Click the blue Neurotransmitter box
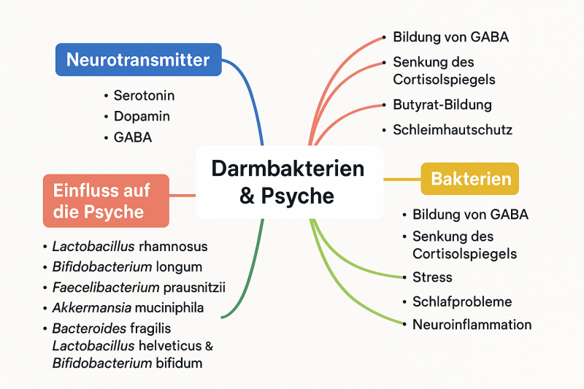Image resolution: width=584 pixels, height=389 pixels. click(x=138, y=60)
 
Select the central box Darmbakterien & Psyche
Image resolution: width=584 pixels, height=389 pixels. click(x=288, y=182)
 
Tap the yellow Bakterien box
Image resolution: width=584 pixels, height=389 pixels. click(x=470, y=179)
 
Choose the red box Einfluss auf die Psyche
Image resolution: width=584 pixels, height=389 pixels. click(x=106, y=201)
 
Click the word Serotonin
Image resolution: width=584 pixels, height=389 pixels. click(x=144, y=96)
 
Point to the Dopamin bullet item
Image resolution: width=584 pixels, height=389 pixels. click(x=142, y=116)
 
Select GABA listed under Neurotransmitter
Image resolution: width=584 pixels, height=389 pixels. click(x=132, y=136)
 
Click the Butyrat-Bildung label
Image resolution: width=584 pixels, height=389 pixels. click(x=442, y=105)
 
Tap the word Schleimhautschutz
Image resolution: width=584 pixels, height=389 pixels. click(x=452, y=130)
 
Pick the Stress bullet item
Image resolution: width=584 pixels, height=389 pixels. click(x=432, y=277)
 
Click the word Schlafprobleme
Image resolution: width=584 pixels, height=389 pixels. click(x=461, y=301)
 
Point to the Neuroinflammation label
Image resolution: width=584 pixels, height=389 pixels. click(x=472, y=325)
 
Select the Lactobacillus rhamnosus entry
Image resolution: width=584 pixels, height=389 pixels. click(x=129, y=247)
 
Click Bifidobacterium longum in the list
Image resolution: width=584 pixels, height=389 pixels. click(x=126, y=267)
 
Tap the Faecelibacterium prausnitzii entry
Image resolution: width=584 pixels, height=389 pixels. click(x=138, y=288)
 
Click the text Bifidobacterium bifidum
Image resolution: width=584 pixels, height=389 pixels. click(x=127, y=363)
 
